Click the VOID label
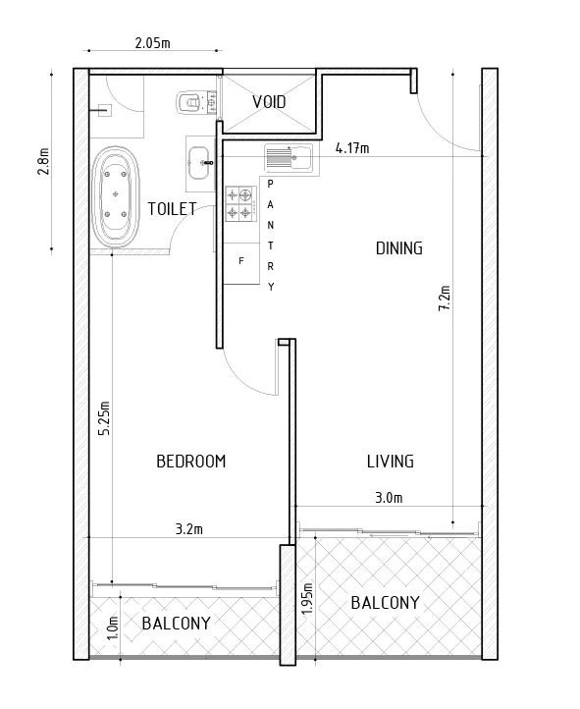coord(269,102)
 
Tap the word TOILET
coord(172,209)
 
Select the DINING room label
coord(399,248)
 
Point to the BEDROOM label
coord(191,462)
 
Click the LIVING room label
coord(391,462)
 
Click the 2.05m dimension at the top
coord(153,43)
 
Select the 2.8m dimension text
coord(43,161)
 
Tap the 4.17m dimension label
coord(352,148)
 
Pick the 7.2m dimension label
coord(445,298)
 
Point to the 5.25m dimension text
coord(104,418)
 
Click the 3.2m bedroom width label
coord(188,528)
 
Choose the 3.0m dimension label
coord(389,498)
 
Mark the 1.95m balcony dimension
coord(307,598)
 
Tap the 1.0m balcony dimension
coord(113,627)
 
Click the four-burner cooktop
coord(240,204)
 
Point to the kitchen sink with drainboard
coord(289,157)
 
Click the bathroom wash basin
coord(199,163)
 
